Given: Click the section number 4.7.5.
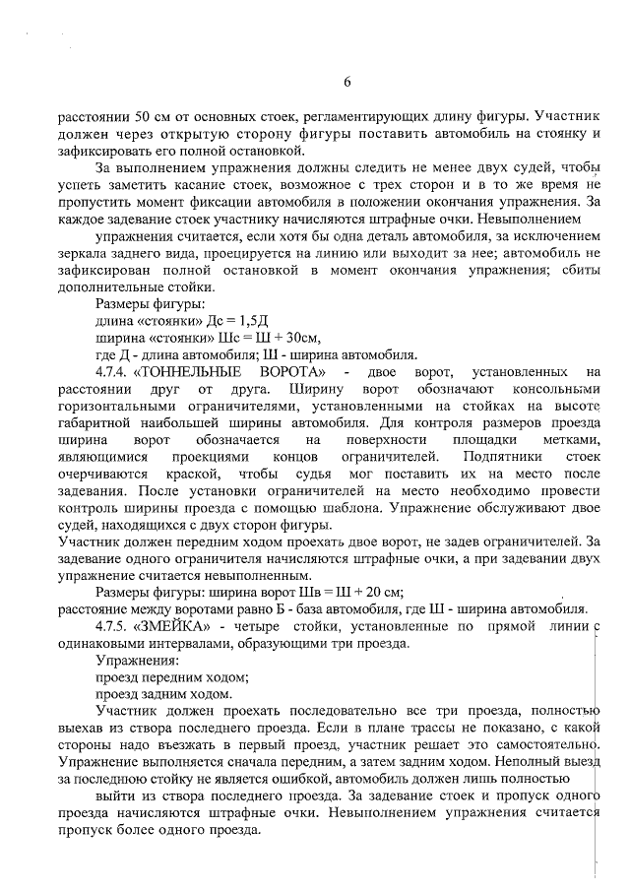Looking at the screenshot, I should pos(111,626).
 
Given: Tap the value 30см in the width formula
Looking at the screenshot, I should pos(281,338).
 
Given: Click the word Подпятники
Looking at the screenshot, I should pos(488,457).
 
